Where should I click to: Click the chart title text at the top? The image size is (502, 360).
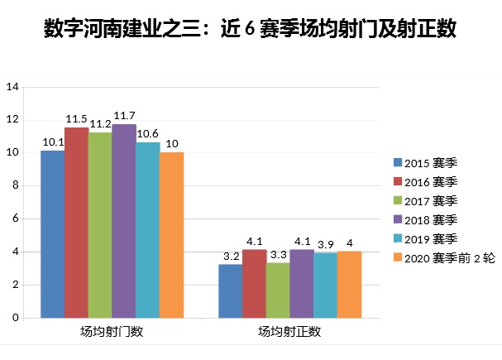(250, 31)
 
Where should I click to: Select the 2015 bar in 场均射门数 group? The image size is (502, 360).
(52, 234)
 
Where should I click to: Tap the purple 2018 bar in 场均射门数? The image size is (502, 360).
(124, 221)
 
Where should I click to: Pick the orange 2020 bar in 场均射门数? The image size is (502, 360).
(171, 235)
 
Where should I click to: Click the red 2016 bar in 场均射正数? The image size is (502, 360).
(254, 284)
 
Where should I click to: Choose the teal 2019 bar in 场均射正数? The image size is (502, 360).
(326, 286)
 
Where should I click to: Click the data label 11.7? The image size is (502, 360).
(124, 115)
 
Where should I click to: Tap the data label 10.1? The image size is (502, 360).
(53, 142)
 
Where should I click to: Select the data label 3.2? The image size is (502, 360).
(231, 256)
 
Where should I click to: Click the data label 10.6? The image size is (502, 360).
(148, 133)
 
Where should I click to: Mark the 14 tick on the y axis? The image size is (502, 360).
(12, 87)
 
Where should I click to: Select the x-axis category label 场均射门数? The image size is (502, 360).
(112, 333)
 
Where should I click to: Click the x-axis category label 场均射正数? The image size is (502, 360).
(289, 333)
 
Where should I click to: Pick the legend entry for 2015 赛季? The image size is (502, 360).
(423, 162)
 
